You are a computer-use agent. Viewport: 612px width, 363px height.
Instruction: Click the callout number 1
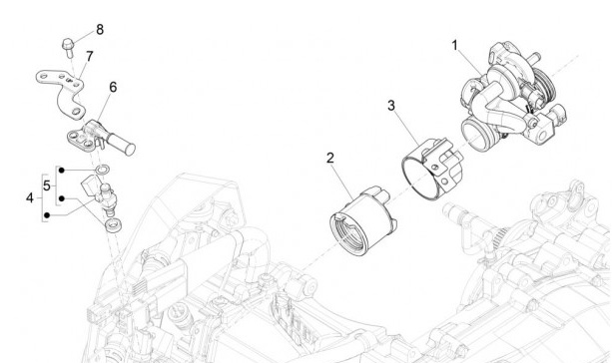click(x=454, y=46)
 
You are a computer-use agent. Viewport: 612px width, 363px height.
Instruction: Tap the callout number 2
click(x=330, y=159)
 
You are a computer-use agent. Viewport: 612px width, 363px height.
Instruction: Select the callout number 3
click(x=391, y=106)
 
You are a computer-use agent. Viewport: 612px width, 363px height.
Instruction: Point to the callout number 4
click(x=30, y=198)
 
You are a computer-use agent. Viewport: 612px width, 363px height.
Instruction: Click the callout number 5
click(x=47, y=185)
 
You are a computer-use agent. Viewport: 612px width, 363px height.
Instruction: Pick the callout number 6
click(x=113, y=87)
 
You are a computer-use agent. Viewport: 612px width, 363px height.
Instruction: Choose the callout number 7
click(x=90, y=56)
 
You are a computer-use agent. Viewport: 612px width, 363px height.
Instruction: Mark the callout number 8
click(x=100, y=30)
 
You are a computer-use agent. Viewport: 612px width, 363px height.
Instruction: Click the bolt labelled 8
click(x=68, y=47)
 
